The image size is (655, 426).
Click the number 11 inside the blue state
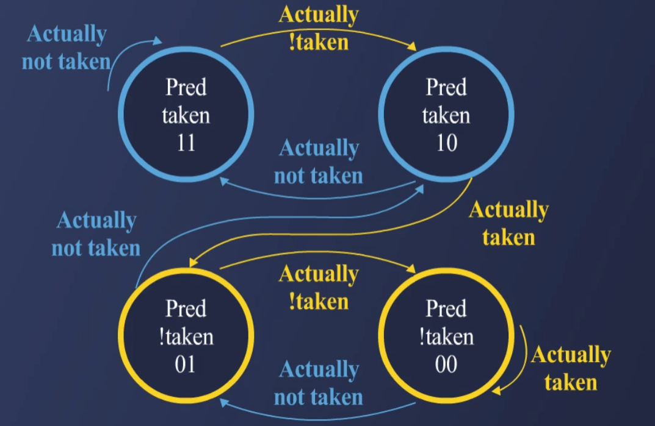[x=186, y=143]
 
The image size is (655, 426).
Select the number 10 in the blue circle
[x=446, y=143]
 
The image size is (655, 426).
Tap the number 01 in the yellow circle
[x=186, y=364]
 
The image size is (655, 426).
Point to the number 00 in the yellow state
[x=446, y=364]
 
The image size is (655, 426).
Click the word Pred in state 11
[x=186, y=88]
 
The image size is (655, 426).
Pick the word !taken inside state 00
[x=446, y=336]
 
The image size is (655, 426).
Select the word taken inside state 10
[x=446, y=116]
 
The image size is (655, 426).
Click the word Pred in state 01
[x=186, y=309]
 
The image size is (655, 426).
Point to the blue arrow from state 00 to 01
[x=317, y=417]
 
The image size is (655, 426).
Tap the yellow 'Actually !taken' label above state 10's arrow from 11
[x=318, y=28]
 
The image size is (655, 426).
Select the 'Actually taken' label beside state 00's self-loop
[x=571, y=369]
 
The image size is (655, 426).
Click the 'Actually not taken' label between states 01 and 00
[x=318, y=383]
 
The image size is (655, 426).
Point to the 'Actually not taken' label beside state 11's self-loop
[x=66, y=48]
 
